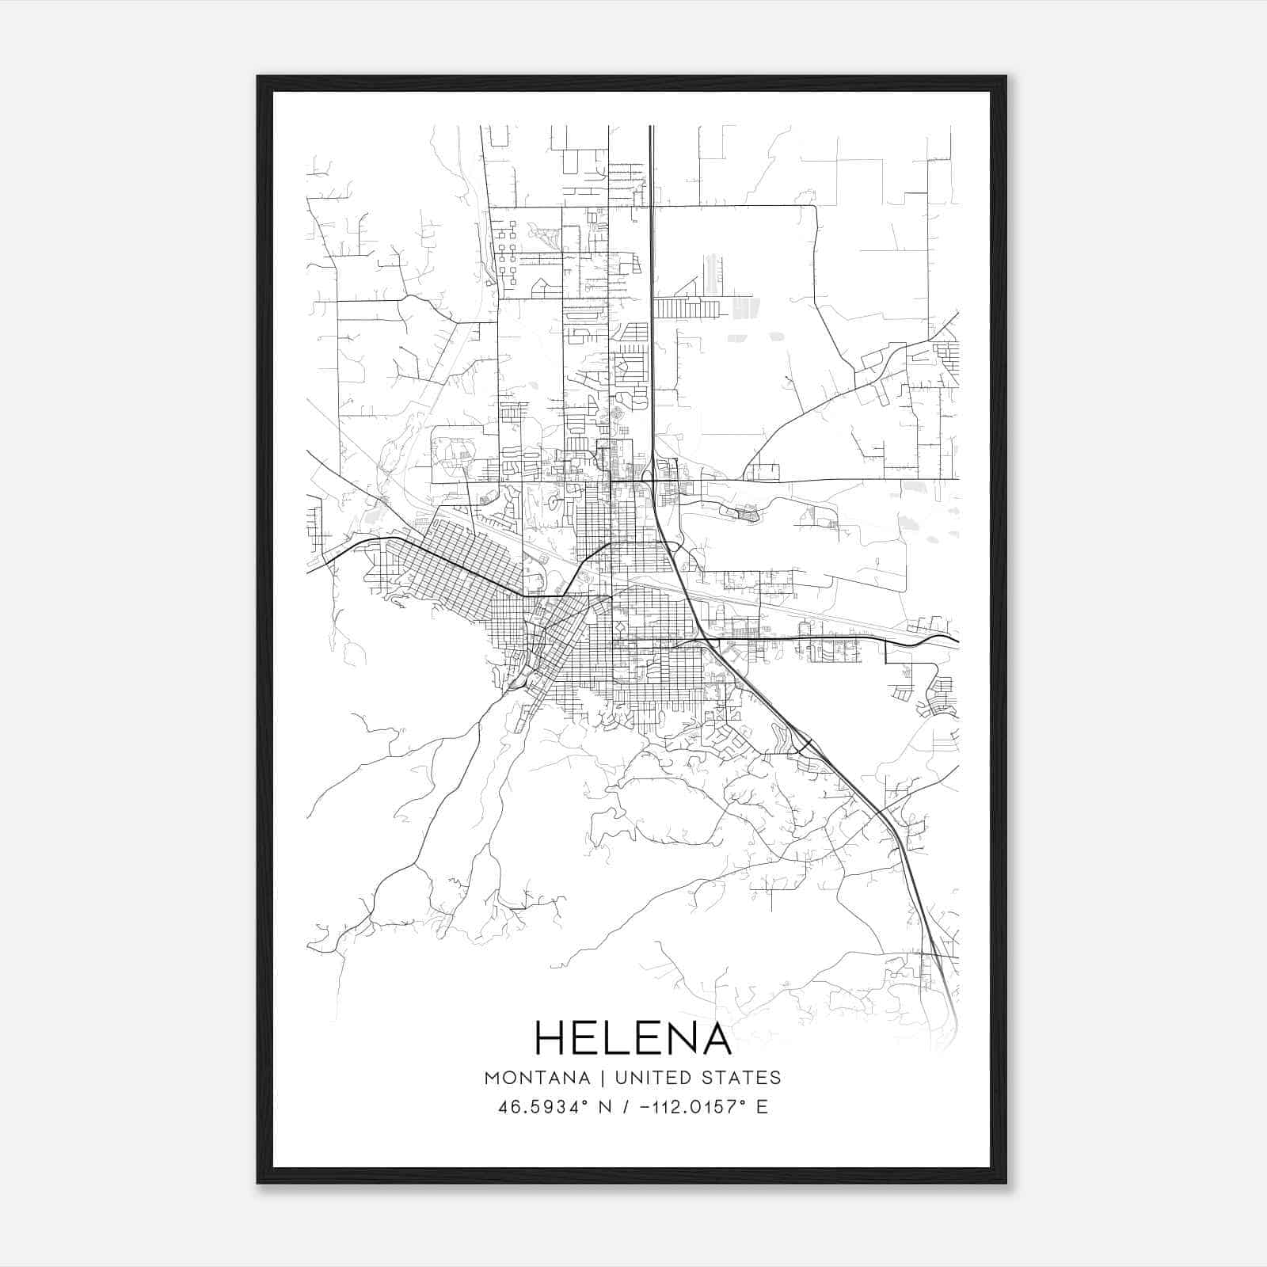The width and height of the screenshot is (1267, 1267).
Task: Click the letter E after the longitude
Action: click(x=762, y=1107)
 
